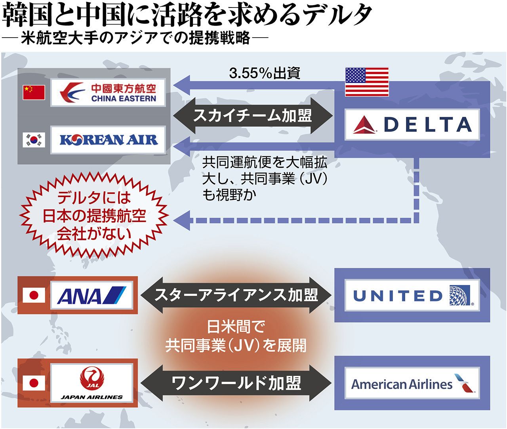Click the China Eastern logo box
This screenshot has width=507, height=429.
point(108,93)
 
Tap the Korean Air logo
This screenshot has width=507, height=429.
point(108,140)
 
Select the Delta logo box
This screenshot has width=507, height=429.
point(412,125)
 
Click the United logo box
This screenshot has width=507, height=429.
point(412,295)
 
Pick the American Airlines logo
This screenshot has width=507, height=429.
point(412,383)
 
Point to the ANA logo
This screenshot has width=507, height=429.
point(91,295)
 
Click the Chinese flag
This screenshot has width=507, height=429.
point(34,92)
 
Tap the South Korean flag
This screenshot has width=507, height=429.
point(34,140)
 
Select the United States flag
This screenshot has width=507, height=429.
point(367,82)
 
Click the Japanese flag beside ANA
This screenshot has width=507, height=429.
point(34,295)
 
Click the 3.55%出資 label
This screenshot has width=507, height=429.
point(265,73)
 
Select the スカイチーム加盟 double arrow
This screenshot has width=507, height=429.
point(253,116)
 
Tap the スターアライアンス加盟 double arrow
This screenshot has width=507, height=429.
point(236,295)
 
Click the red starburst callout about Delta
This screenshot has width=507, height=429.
point(94,216)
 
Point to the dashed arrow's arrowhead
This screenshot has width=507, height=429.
point(181,220)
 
